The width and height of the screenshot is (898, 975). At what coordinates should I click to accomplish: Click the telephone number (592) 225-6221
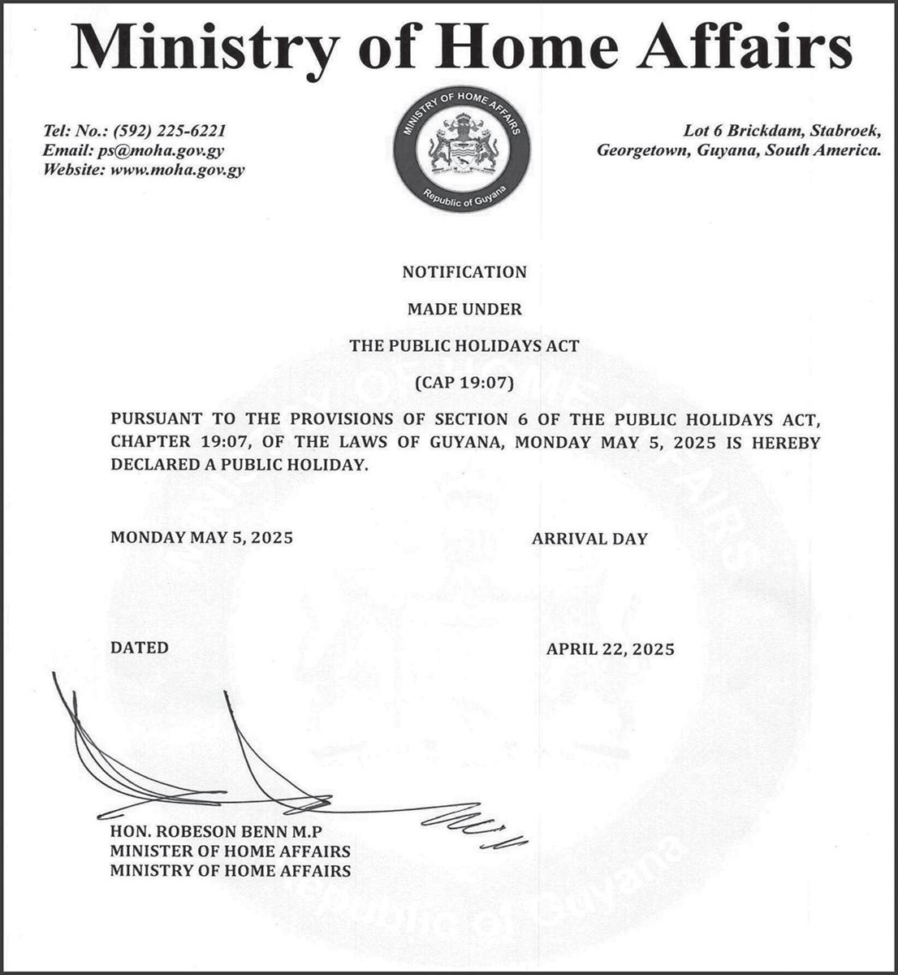[x=170, y=131]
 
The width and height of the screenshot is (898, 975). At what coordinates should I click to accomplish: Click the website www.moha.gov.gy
[x=176, y=170]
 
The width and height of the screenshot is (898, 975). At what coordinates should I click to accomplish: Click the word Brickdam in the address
[x=760, y=131]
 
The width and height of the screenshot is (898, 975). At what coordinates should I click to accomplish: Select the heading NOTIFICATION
[x=464, y=272]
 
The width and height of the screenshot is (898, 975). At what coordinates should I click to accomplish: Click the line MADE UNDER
[x=464, y=309]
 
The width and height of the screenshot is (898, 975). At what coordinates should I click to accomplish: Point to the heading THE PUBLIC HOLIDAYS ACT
[x=464, y=345]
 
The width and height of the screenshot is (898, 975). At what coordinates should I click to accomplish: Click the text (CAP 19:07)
[x=464, y=382]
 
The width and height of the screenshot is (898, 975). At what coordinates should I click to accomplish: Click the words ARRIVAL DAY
[x=589, y=538]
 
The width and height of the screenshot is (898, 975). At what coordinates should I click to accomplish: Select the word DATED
[x=140, y=648]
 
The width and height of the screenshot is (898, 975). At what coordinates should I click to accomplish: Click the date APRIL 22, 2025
[x=611, y=649]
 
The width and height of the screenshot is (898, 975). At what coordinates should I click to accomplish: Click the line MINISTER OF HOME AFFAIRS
[x=231, y=851]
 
